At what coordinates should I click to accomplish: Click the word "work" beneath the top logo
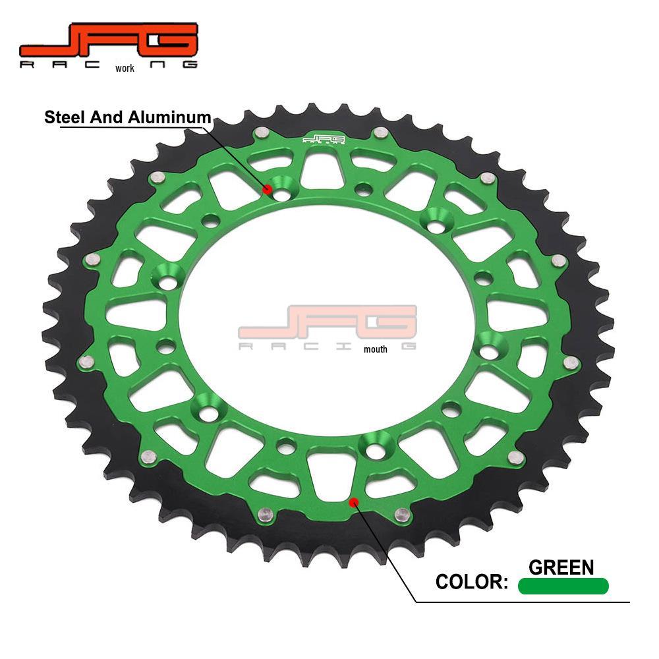click(125, 68)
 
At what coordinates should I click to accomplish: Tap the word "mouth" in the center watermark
click(376, 349)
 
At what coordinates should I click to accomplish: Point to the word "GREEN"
click(561, 567)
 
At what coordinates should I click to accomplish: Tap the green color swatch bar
click(563, 586)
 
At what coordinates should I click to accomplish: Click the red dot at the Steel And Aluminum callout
click(268, 189)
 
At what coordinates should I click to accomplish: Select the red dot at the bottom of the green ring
click(354, 502)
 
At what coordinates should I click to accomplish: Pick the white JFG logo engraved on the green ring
click(324, 139)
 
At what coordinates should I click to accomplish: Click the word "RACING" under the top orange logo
click(66, 65)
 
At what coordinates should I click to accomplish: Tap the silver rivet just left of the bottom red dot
click(266, 513)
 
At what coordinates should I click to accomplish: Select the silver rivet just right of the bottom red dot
click(399, 513)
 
